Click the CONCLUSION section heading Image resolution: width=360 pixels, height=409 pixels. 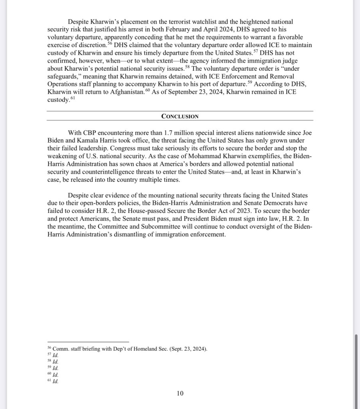(x=180, y=116)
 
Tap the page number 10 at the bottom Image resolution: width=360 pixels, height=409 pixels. (x=180, y=393)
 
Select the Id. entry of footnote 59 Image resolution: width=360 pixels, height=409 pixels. (x=55, y=368)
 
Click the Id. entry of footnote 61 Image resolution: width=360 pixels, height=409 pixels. (x=55, y=381)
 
